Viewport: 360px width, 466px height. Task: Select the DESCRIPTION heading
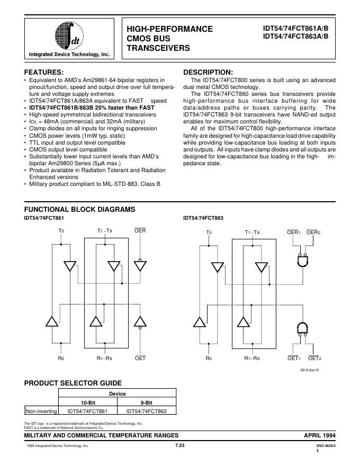pyautogui.click(x=208, y=72)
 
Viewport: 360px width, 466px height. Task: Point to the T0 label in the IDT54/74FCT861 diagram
pyautogui.click(x=61, y=231)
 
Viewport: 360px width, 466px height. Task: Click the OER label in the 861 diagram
pyautogui.click(x=140, y=231)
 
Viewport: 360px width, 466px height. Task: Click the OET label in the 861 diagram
pyautogui.click(x=140, y=359)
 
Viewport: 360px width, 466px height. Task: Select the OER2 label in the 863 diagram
pyautogui.click(x=313, y=232)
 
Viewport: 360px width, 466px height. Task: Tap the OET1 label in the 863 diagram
pyautogui.click(x=294, y=359)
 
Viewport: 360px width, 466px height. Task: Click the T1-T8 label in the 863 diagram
pyautogui.click(x=253, y=232)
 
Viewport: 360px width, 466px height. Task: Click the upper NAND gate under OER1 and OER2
pyautogui.click(x=302, y=261)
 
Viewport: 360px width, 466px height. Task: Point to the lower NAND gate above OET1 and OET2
pyautogui.click(x=302, y=329)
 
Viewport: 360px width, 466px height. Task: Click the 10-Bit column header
pyautogui.click(x=88, y=402)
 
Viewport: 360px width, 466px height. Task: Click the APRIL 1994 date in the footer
pyautogui.click(x=319, y=435)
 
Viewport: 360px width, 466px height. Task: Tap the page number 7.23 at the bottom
pyautogui.click(x=180, y=446)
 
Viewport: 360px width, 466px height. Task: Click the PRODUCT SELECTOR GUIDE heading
pyautogui.click(x=73, y=383)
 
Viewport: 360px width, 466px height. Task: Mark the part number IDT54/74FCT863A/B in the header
pyautogui.click(x=296, y=37)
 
